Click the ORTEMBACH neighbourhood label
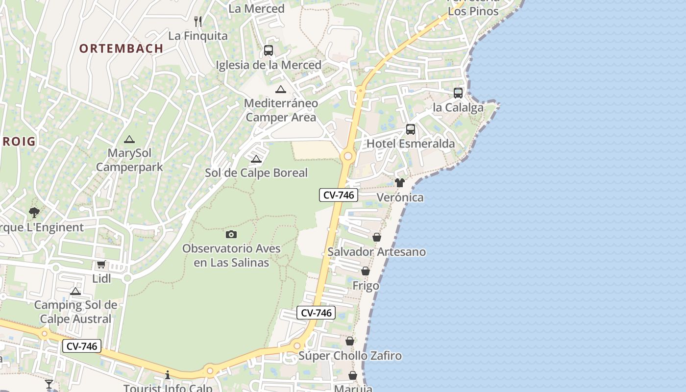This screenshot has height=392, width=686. tap(121, 48)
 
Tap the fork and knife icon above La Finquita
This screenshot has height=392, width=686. tap(198, 21)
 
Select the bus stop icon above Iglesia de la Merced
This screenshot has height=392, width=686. tap(268, 50)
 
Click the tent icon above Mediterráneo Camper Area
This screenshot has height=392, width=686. tap(280, 89)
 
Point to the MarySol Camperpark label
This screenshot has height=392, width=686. tap(129, 160)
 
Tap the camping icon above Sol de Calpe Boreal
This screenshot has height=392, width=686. tap(256, 159)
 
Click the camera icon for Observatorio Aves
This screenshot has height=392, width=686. tap(231, 234)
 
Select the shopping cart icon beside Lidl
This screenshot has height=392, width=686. tap(101, 265)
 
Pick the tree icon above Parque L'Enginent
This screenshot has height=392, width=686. tap(34, 213)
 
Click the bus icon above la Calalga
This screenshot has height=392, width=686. tap(458, 93)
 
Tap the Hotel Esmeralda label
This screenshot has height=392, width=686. tap(411, 144)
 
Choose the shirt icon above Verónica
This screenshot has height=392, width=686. tap(400, 183)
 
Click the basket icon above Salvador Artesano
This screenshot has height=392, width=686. tap(377, 237)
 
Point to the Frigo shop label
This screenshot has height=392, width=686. tap(366, 285)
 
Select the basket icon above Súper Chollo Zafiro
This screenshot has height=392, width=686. tap(350, 341)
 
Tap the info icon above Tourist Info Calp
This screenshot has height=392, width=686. tap(168, 375)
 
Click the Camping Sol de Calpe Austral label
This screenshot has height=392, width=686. tap(75, 312)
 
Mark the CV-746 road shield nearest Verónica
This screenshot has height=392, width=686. tap(339, 195)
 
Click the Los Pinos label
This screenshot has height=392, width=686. tap(473, 11)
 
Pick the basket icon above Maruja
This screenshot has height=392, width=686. tap(353, 375)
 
